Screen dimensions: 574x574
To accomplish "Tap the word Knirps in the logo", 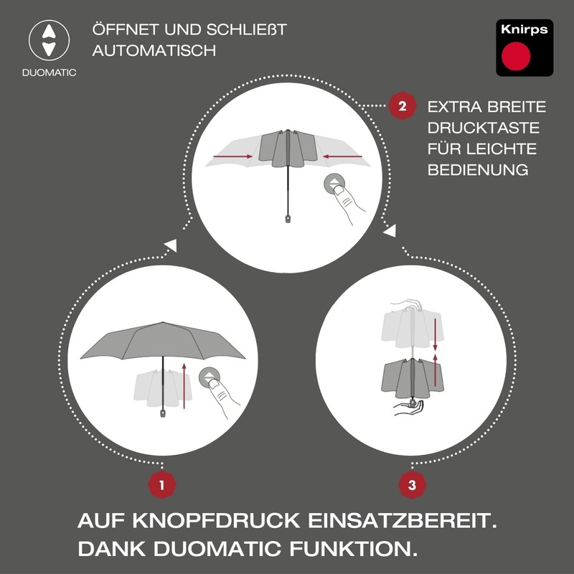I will click(x=524, y=30).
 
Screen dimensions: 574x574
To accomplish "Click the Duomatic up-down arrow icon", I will click(x=48, y=40).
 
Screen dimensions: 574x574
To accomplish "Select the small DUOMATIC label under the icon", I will click(x=49, y=72).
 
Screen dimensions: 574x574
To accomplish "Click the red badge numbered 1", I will click(x=162, y=485).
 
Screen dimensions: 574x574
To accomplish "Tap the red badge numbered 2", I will click(x=402, y=107).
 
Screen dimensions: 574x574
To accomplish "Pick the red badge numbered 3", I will click(x=412, y=485).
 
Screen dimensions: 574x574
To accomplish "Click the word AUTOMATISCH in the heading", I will click(x=154, y=52).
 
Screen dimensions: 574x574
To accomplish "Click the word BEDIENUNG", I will click(x=478, y=170).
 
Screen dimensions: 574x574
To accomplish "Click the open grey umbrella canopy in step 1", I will click(x=163, y=341).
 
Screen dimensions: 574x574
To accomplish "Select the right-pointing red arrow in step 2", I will click(x=233, y=156).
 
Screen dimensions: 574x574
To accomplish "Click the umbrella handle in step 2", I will click(x=288, y=216).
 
